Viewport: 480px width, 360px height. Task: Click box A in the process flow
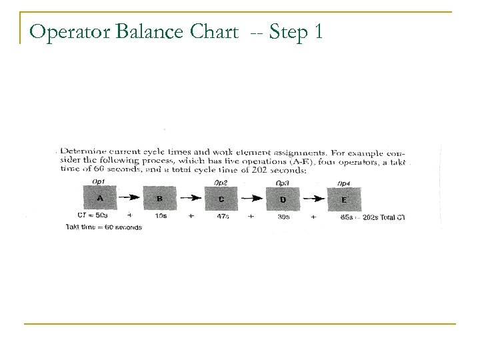click(x=99, y=198)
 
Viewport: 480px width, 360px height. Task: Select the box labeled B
click(x=160, y=198)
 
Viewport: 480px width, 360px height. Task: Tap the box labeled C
click(x=221, y=198)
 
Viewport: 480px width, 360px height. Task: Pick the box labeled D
click(x=283, y=199)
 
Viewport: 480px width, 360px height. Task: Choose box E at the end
click(x=343, y=199)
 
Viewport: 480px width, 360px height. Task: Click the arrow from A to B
click(x=130, y=198)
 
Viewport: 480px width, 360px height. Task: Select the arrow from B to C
click(x=191, y=198)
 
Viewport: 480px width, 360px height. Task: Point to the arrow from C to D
click(x=252, y=199)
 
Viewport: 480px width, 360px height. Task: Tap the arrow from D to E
click(x=313, y=199)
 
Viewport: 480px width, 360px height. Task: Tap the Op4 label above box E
click(x=344, y=183)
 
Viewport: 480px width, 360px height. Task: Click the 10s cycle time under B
click(x=161, y=216)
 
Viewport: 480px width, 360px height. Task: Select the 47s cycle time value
click(x=223, y=217)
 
